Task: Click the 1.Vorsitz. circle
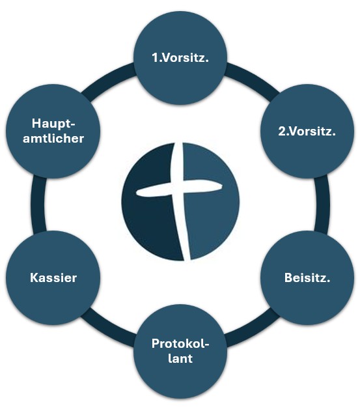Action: point(180,58)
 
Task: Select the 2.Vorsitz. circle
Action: point(307,132)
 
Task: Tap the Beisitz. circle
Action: point(307,278)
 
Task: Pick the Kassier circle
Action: point(53,278)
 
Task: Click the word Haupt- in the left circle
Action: point(53,124)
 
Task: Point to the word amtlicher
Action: point(53,138)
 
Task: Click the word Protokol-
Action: point(180,344)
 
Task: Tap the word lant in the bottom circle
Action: point(180,358)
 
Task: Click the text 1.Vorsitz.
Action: point(180,58)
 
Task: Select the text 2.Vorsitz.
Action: point(307,131)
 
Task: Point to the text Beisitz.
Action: point(307,278)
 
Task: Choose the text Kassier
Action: point(53,278)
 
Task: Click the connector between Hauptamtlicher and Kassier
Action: point(38,205)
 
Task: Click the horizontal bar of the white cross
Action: point(179,188)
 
